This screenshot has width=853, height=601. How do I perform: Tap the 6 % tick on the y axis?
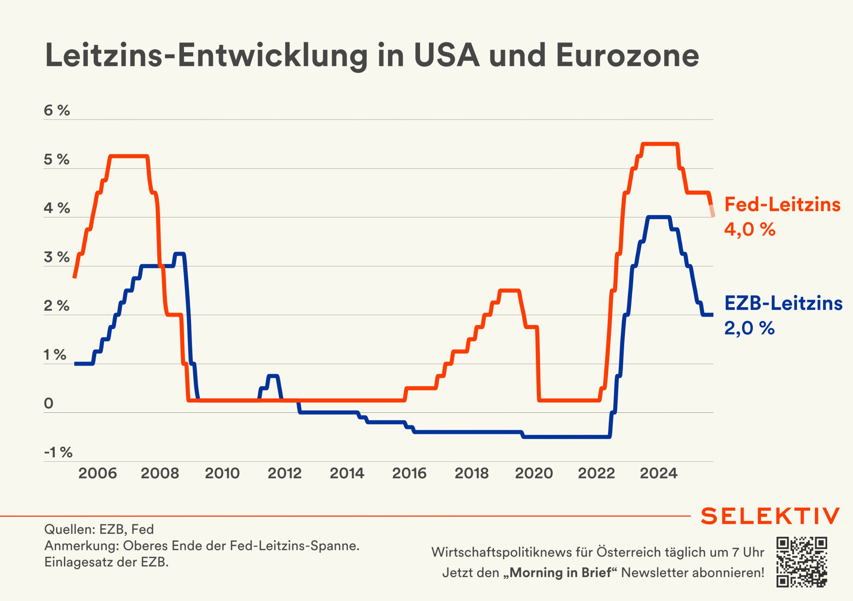pyautogui.click(x=56, y=110)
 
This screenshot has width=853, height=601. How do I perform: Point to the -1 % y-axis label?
pyautogui.click(x=58, y=452)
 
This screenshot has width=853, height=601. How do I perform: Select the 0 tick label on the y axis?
pyautogui.click(x=49, y=403)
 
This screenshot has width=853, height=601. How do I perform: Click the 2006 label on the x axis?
pyautogui.click(x=97, y=473)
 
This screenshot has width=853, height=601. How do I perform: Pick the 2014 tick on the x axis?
pyautogui.click(x=347, y=473)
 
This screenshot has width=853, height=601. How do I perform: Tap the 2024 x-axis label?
pyautogui.click(x=658, y=473)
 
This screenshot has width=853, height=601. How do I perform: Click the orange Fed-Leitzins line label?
pyautogui.click(x=782, y=204)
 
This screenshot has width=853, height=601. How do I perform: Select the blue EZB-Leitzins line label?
pyautogui.click(x=783, y=303)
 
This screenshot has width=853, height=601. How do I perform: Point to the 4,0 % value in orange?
pyautogui.click(x=750, y=229)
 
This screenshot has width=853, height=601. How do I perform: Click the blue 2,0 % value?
pyautogui.click(x=749, y=328)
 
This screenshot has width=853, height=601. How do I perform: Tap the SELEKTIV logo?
pyautogui.click(x=770, y=516)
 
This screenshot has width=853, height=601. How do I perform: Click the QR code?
pyautogui.click(x=801, y=562)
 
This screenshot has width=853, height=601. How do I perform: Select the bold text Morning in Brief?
pyautogui.click(x=560, y=573)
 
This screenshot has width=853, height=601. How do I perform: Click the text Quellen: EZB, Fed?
pyautogui.click(x=99, y=529)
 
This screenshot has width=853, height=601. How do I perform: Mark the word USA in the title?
pyautogui.click(x=446, y=56)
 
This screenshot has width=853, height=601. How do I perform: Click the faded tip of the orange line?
pyautogui.click(x=712, y=211)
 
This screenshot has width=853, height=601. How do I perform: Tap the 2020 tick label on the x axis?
pyautogui.click(x=534, y=473)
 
